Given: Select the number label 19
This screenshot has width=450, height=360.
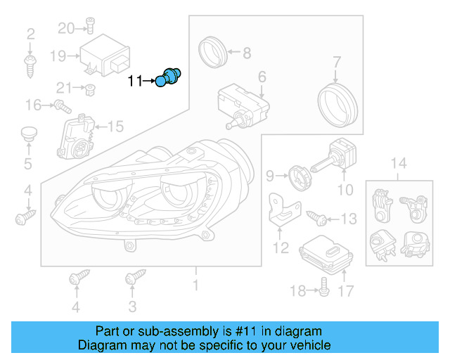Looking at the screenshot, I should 57,55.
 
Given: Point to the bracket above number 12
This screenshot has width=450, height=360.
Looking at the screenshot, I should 283,211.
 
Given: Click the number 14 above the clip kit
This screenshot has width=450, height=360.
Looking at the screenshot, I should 399,165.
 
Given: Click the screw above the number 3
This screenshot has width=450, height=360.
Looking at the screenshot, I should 131,279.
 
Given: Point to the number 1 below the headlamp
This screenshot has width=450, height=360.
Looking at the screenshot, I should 195,285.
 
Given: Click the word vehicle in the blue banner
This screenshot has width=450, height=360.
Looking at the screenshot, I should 305,345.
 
